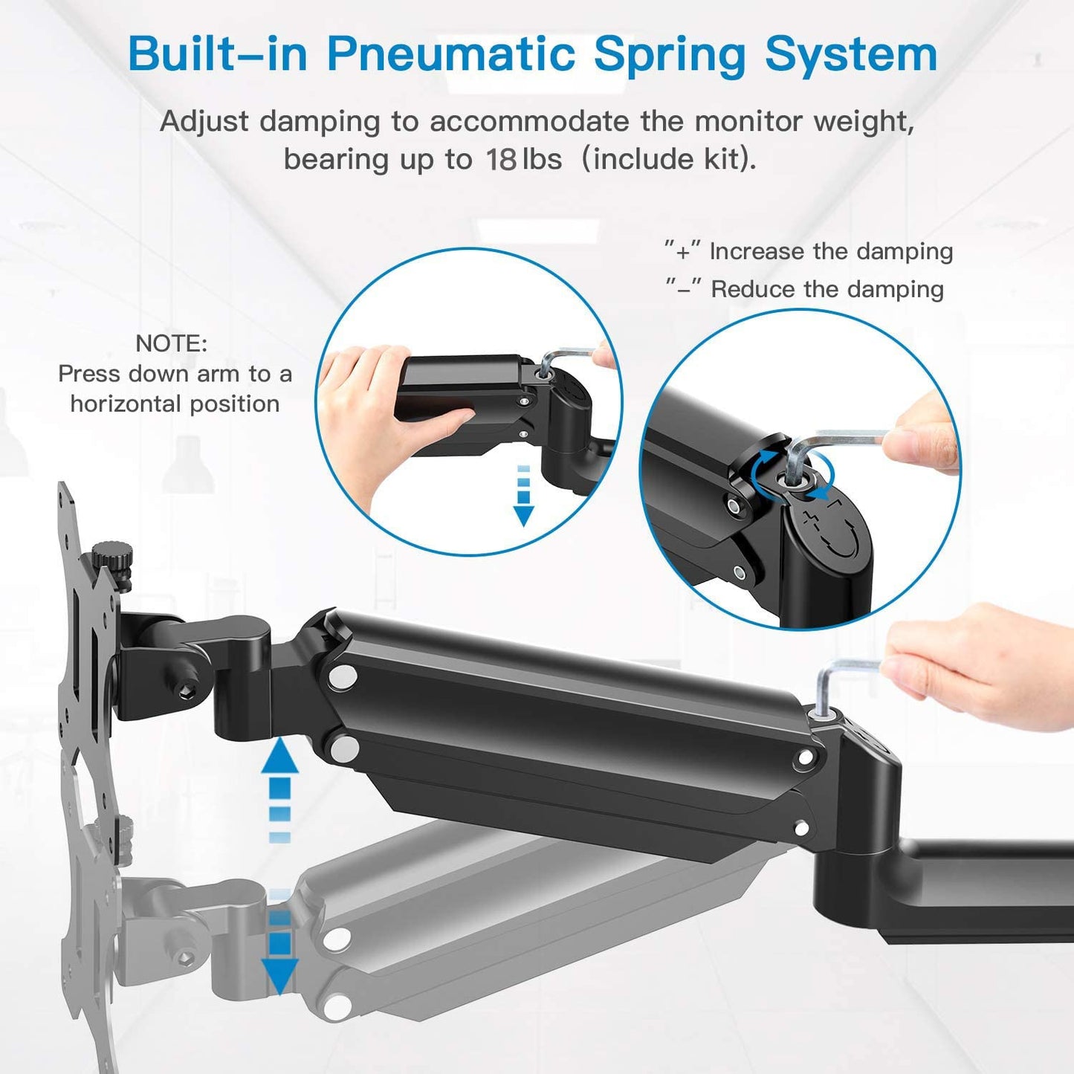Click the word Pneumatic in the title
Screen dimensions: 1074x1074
point(450,56)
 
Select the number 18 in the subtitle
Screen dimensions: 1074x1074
point(501,160)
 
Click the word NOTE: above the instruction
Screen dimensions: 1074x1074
point(171,343)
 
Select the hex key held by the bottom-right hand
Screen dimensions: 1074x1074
point(840,684)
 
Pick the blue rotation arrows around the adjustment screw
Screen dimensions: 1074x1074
point(792,476)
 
